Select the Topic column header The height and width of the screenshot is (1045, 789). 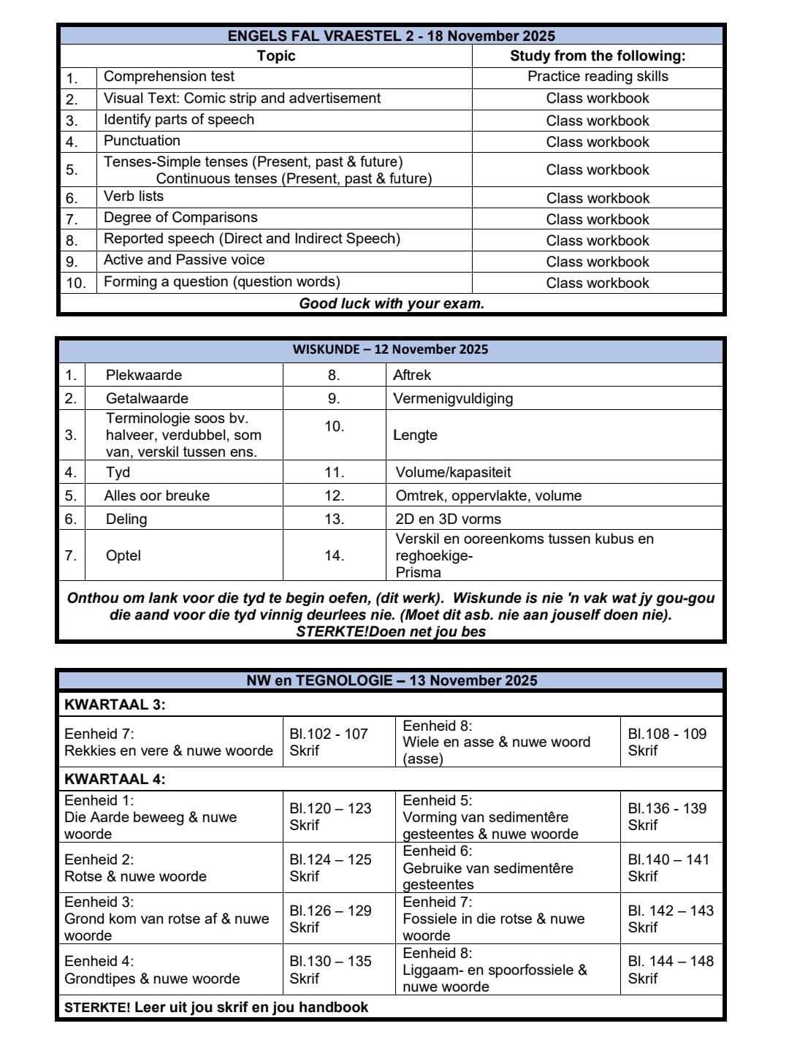(x=276, y=56)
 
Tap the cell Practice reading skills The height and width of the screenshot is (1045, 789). (x=598, y=77)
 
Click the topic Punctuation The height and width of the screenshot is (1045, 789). (x=142, y=141)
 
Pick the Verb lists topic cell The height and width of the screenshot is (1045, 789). (x=134, y=197)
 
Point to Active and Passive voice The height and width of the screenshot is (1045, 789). (x=184, y=260)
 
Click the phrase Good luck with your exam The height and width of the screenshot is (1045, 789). (x=392, y=304)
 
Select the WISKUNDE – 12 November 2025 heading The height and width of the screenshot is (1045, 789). (x=390, y=349)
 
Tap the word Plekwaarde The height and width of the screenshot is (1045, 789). (x=144, y=375)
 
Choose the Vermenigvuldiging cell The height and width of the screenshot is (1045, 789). (x=453, y=398)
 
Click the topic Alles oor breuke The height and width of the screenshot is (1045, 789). (x=157, y=495)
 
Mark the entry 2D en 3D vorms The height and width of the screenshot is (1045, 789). (x=448, y=519)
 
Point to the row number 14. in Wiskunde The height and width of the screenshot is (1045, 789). (x=334, y=555)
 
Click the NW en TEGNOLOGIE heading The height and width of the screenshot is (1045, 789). (x=392, y=680)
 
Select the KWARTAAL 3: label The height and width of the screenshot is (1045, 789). (x=115, y=704)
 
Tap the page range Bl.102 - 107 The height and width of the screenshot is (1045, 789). (x=329, y=734)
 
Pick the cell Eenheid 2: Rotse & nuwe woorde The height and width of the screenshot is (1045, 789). (x=136, y=868)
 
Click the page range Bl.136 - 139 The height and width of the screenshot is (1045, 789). (x=667, y=808)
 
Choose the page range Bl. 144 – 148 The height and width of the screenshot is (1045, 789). (x=671, y=961)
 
